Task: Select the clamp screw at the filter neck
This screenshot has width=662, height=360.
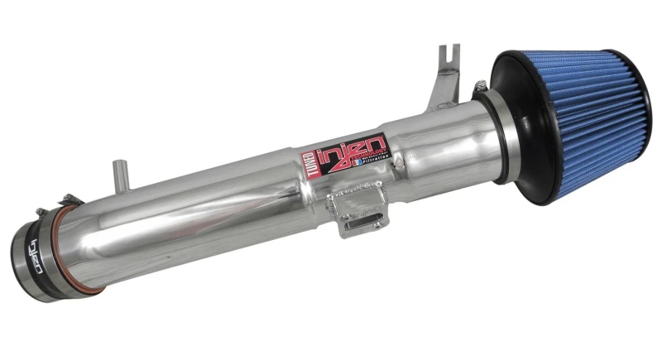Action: [x=478, y=84]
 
